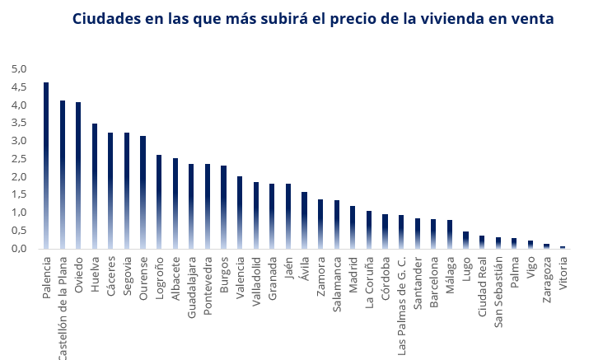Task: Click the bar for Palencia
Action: (46, 165)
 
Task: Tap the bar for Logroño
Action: (159, 201)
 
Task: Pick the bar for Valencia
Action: (240, 212)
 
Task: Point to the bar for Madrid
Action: (353, 227)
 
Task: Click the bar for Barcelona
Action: (433, 233)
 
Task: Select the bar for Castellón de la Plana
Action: (63, 174)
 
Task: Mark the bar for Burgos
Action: (223, 207)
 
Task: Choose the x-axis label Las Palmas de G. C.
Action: (401, 304)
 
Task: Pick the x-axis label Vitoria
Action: (563, 274)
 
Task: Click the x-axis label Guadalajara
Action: (191, 285)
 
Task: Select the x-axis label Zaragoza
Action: (546, 280)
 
